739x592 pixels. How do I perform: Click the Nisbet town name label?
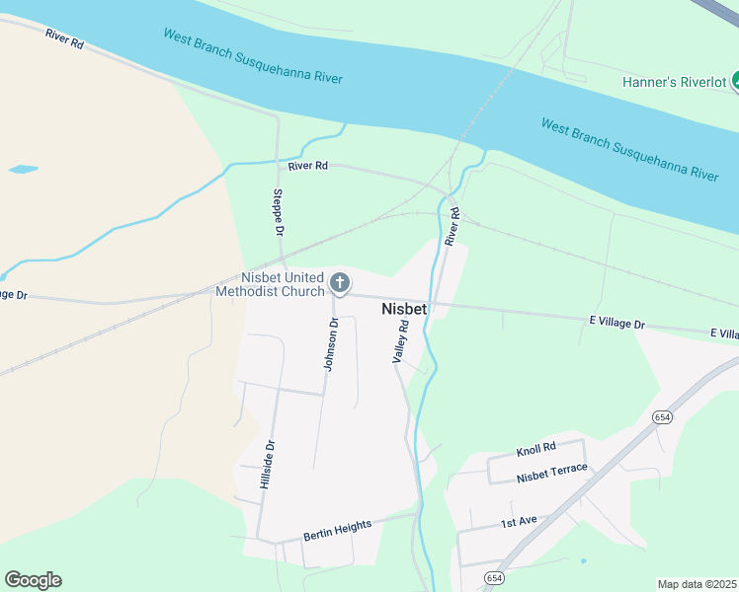click(404, 309)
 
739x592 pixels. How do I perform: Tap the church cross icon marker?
click(339, 285)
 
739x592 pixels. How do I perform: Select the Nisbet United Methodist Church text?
click(283, 284)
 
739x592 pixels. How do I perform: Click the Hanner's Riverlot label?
click(674, 82)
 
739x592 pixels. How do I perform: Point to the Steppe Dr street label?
click(279, 212)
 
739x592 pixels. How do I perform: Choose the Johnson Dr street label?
click(332, 344)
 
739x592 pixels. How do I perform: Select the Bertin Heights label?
click(337, 528)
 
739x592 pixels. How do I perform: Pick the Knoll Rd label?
click(536, 450)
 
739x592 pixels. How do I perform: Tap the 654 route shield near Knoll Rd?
click(661, 418)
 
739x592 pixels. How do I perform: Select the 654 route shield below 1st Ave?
click(494, 577)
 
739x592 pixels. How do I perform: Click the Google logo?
click(33, 580)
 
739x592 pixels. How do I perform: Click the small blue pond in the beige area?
click(23, 170)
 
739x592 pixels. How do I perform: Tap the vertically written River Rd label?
click(452, 227)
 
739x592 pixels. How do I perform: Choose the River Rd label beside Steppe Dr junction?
click(307, 166)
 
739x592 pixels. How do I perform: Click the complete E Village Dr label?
click(616, 324)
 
